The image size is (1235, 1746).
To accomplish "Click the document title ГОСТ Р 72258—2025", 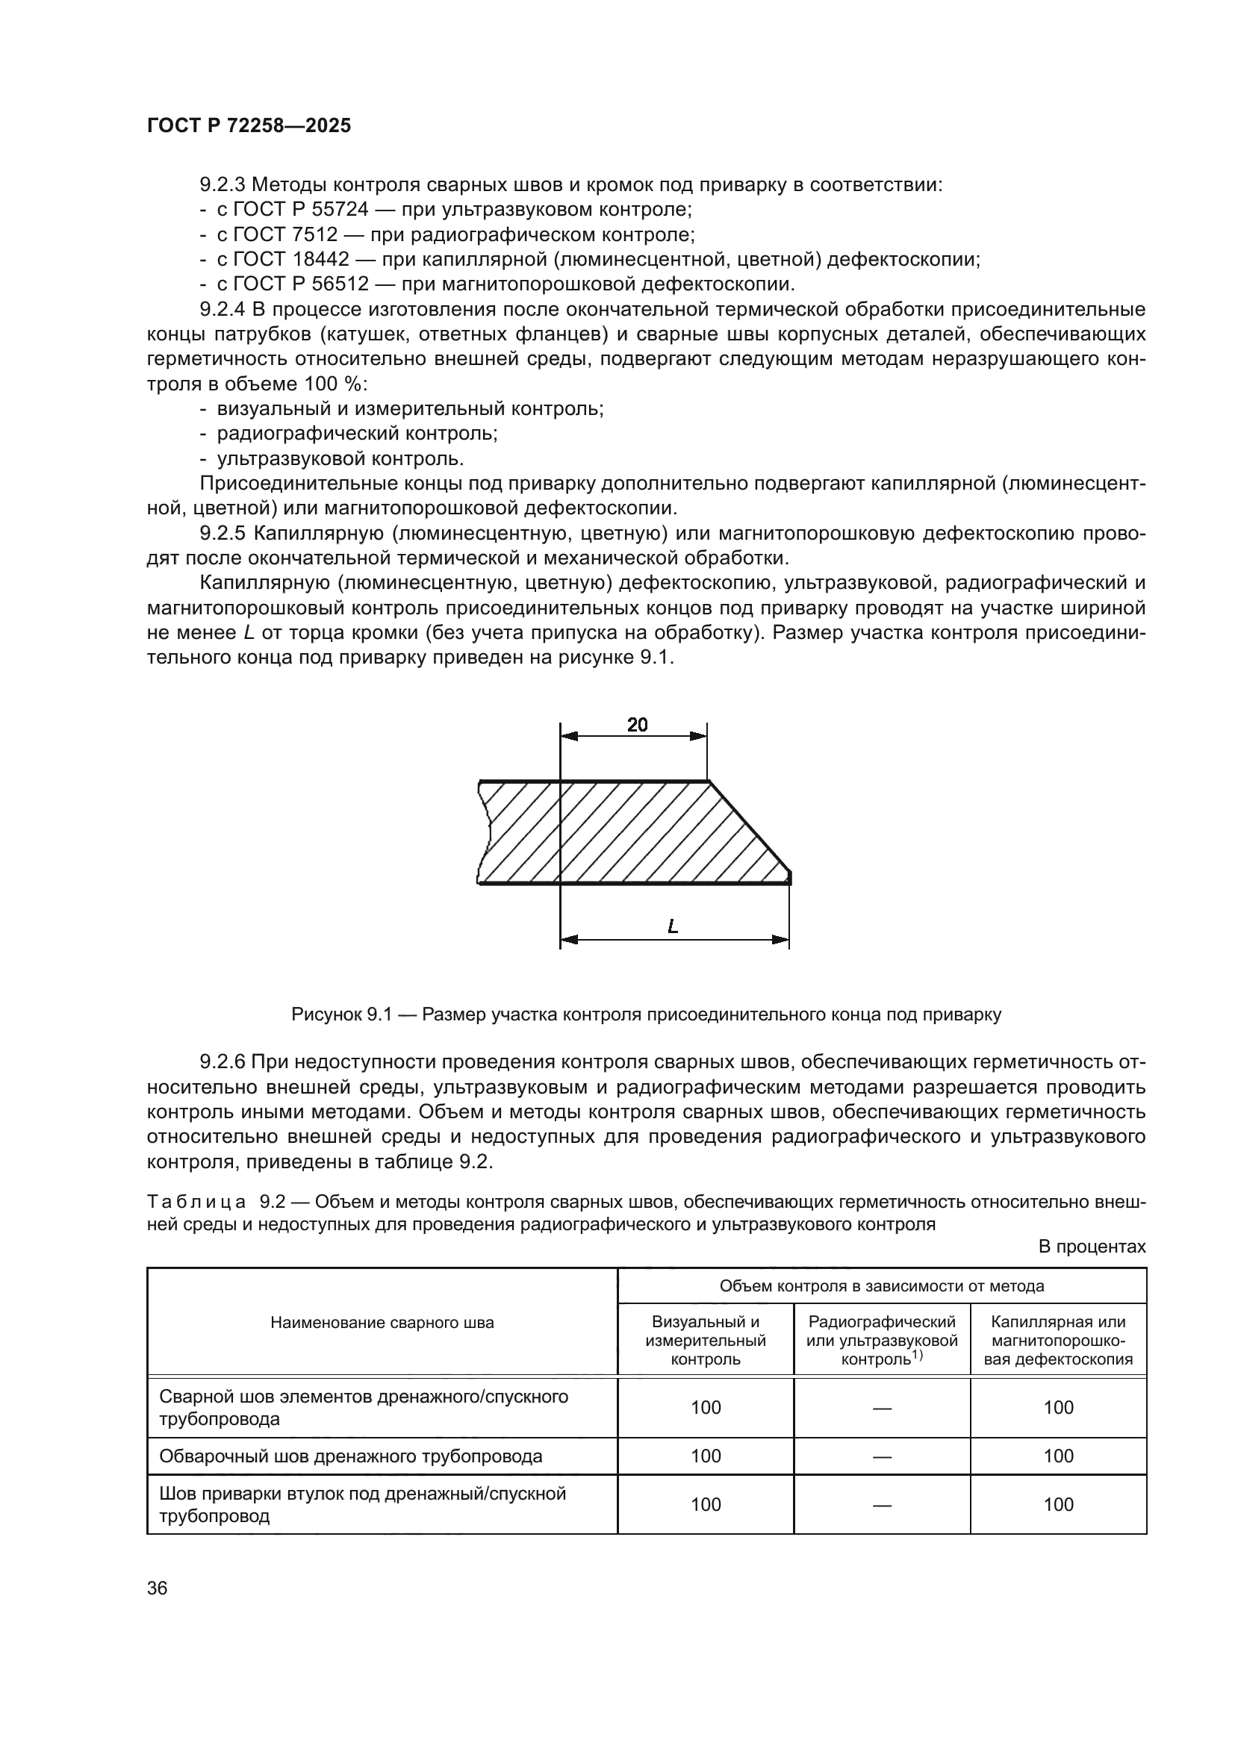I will pos(249,125).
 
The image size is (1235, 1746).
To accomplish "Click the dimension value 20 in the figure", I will pos(637,725).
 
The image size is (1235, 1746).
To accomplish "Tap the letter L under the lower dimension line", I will pos(672,927).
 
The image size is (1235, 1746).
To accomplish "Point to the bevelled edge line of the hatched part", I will pos(750,826).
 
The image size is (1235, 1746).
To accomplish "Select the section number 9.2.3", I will pos(222,185).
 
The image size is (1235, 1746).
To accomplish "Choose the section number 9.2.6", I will pos(222,1061).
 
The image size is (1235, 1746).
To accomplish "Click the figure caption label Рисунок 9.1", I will pos(340,1014).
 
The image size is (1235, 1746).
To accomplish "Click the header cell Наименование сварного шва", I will pos(382,1323).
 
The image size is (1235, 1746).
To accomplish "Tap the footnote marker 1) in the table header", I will pos(917,1354).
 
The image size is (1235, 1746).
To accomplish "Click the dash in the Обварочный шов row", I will pos(881,1456).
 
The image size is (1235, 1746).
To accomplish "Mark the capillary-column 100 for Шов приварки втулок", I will pos(1058,1504).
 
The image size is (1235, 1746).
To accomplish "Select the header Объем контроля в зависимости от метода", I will pos(881,1286).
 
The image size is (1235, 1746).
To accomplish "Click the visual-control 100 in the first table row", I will pos(705,1408).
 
